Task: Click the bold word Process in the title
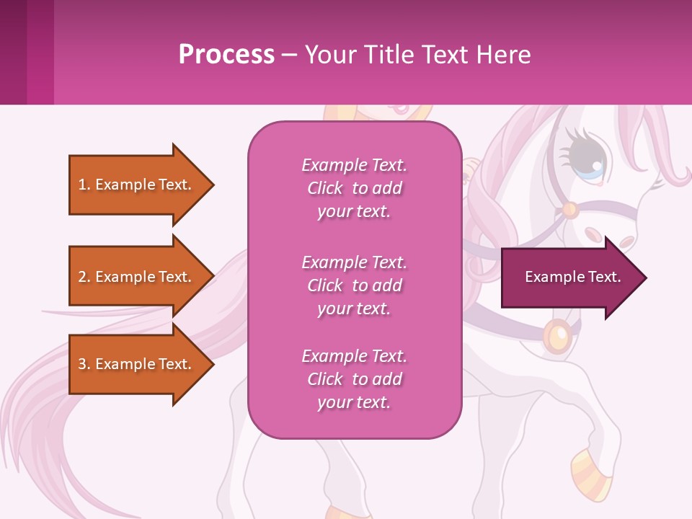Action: (x=226, y=55)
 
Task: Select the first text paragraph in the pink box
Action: (x=354, y=188)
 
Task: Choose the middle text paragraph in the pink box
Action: (x=354, y=285)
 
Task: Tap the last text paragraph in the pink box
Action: (x=354, y=379)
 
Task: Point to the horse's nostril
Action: (x=593, y=235)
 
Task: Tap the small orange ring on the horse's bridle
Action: (x=570, y=210)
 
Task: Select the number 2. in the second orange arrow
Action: (x=84, y=277)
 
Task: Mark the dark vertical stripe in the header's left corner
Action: (x=13, y=53)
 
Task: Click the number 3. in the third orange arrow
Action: (x=84, y=364)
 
